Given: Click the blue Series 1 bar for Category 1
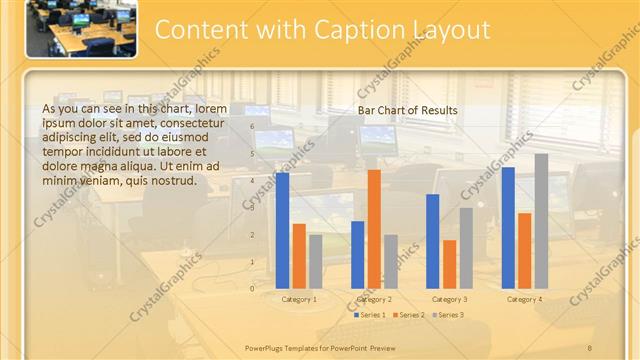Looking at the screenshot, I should [x=282, y=230].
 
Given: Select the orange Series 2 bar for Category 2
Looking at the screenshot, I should [x=374, y=228].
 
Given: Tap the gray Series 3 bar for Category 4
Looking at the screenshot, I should [x=541, y=220].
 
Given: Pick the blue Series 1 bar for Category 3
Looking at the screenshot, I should [x=433, y=240].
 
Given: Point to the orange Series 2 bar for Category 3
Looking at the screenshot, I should [x=449, y=263].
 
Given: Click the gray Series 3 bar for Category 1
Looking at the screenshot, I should [x=316, y=261].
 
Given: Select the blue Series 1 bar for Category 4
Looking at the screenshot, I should [x=508, y=227].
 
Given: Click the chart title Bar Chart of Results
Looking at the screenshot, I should [x=407, y=110].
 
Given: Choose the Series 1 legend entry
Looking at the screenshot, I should [x=371, y=314].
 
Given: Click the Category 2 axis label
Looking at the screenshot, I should [x=374, y=299].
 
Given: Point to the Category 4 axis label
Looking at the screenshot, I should [x=525, y=299].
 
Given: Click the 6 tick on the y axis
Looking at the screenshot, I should [x=252, y=128].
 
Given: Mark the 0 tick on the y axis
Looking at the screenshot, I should [x=252, y=288].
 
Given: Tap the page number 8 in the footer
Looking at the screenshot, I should [x=589, y=346].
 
